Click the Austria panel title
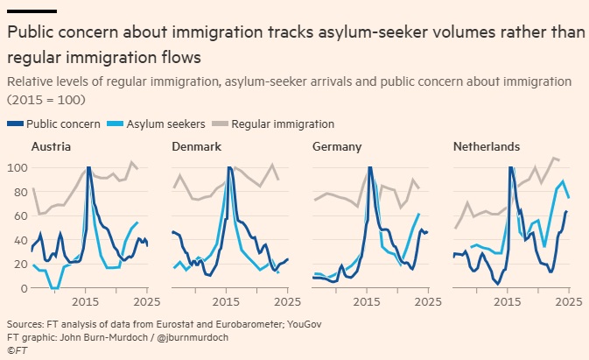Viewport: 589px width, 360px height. tap(51, 146)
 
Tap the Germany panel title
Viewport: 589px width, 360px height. tap(337, 146)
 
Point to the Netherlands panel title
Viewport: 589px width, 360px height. tap(486, 146)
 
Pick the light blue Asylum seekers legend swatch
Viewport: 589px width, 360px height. tap(118, 124)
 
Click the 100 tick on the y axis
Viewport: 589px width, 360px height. tap(16, 167)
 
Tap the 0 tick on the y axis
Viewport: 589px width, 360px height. tap(22, 287)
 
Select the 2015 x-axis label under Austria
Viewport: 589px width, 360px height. tap(88, 302)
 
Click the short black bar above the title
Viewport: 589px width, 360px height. tap(32, 11)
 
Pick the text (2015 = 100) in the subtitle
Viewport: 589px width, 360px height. tap(42, 100)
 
